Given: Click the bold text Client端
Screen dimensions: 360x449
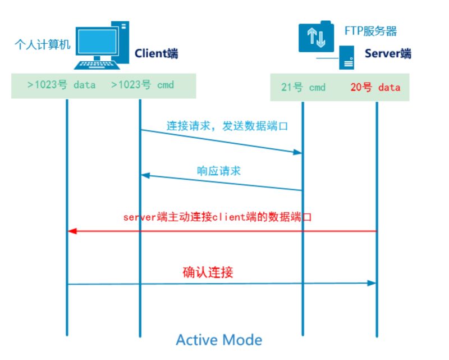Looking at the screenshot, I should tap(156, 54).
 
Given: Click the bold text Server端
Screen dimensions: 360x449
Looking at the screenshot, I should tap(388, 54).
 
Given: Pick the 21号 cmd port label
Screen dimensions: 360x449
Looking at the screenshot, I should tap(303, 88).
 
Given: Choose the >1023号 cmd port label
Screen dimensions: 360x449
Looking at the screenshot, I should tap(143, 85).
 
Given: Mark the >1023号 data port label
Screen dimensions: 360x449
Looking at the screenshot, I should tap(62, 85).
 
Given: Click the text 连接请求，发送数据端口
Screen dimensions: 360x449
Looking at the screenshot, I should tap(222, 125).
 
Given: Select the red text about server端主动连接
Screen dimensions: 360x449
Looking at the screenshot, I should tap(217, 217).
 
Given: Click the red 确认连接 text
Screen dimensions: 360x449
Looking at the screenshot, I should tap(208, 272).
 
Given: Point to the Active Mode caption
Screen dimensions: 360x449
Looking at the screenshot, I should tap(219, 339).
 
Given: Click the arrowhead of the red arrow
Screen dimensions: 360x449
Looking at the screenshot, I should tap(72, 231).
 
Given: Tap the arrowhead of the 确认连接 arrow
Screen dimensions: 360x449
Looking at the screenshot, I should tap(371, 283).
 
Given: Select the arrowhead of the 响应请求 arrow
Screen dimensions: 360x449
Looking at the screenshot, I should tap(145, 176).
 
